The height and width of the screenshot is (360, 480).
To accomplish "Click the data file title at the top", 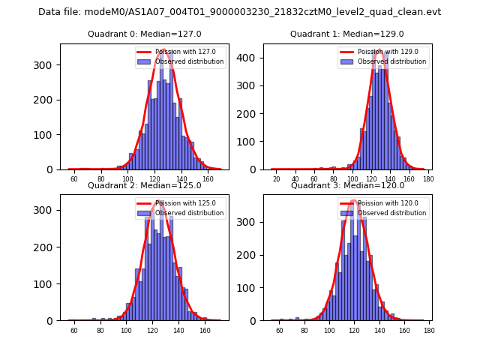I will coord(240,12).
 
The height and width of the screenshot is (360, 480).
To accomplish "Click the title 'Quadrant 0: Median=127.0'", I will coord(144,34).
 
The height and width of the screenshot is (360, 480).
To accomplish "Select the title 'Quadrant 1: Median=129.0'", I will coord(347,34).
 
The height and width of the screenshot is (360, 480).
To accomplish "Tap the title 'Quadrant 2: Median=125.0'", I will coord(144,185).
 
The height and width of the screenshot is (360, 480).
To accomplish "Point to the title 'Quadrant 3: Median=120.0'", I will coord(347,185).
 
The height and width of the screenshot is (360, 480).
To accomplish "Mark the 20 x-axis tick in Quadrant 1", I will coord(276,178).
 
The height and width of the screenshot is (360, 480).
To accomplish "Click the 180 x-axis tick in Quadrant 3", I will coord(428,329).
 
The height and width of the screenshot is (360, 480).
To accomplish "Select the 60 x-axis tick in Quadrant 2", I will coord(73,329).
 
